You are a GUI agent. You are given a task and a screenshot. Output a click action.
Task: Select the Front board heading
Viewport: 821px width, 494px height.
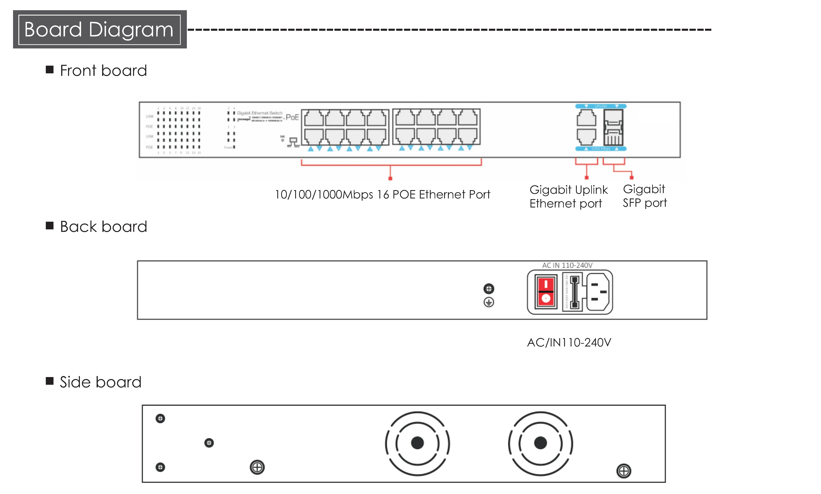[x=103, y=70]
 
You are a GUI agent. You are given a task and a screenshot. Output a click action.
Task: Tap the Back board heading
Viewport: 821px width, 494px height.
[x=103, y=227]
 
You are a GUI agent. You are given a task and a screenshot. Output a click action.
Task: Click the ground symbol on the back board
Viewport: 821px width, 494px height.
[x=489, y=302]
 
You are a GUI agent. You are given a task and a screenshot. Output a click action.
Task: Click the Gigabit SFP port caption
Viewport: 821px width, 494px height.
[x=644, y=196]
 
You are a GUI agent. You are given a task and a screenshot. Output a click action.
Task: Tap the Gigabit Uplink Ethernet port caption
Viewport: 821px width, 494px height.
[x=568, y=196]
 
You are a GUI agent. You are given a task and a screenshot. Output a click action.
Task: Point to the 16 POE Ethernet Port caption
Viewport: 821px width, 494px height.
[x=382, y=194]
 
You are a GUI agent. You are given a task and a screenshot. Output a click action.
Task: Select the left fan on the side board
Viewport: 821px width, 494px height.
[x=417, y=443]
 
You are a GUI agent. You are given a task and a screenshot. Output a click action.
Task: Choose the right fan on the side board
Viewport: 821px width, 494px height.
[x=540, y=443]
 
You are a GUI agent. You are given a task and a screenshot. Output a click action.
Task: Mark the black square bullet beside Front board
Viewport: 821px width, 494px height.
[x=50, y=69]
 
